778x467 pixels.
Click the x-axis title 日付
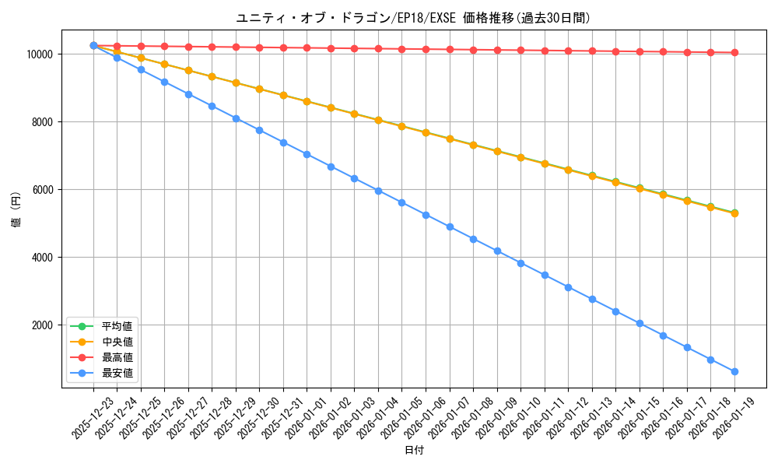coord(414,451)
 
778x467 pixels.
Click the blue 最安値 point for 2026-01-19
coord(734,371)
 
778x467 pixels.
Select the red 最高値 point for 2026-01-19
coord(734,53)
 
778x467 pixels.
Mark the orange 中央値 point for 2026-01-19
coord(734,212)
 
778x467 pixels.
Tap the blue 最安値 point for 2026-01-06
coord(426,215)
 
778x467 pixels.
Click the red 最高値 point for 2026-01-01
coord(307,48)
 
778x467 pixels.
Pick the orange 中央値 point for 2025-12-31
coord(283,95)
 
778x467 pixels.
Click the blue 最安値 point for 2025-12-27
coord(188,94)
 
